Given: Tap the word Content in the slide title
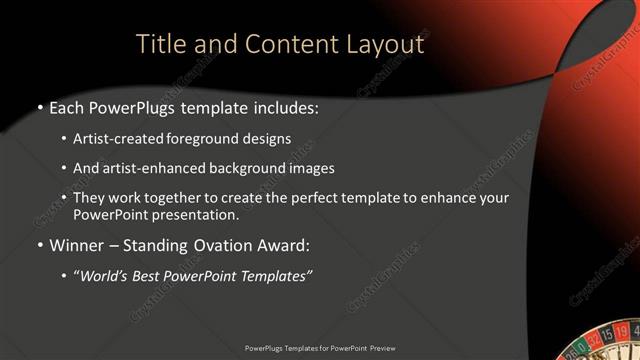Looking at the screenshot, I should (278, 44).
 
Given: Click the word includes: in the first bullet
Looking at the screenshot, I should (286, 106).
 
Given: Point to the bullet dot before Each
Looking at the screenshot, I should (39, 107).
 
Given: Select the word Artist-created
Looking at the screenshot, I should (118, 139).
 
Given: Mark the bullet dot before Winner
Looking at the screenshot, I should (39, 245).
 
